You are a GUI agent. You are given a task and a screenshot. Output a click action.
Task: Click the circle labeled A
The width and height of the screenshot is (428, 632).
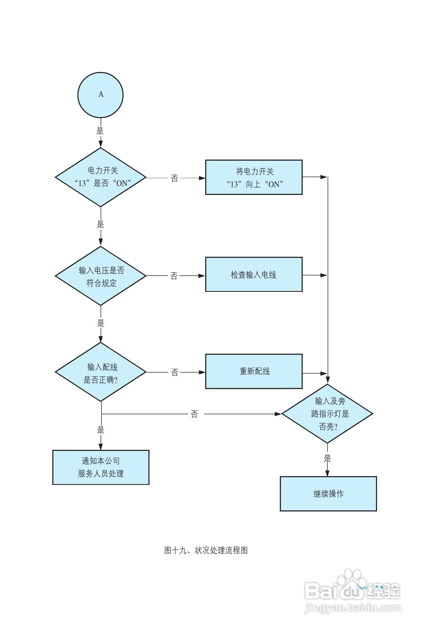coord(100,95)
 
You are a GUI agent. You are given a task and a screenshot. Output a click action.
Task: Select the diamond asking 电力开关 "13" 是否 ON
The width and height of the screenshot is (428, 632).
coord(101,177)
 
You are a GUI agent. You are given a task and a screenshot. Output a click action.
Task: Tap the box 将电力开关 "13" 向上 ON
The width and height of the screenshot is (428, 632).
coord(254,177)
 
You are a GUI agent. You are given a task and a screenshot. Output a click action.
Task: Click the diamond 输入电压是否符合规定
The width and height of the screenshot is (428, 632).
coord(101,276)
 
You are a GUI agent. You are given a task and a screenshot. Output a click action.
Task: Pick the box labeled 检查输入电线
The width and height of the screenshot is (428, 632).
coord(254,274)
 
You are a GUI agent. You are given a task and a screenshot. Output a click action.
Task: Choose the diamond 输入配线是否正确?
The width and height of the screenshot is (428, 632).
coord(101,372)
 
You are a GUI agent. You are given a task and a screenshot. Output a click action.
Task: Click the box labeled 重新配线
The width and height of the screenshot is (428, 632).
coord(254,371)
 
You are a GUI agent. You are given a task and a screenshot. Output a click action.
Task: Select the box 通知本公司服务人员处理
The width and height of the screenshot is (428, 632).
coord(101,467)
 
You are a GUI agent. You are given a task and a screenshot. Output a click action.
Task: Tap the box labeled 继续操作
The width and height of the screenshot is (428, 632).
coord(328,494)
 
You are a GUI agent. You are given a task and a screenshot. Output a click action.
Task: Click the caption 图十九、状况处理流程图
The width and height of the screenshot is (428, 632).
coord(206,550)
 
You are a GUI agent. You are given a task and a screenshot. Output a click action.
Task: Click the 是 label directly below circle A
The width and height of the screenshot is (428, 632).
coord(100,131)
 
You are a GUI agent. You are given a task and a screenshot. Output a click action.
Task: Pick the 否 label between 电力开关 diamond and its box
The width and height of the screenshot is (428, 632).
coord(174,178)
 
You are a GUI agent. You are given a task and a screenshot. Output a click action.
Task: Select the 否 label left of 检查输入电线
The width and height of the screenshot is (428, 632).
coord(174,276)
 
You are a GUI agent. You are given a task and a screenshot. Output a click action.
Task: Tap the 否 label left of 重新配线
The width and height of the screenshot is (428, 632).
coord(174,372)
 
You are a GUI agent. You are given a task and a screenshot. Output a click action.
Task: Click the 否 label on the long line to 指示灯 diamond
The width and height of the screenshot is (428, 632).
coord(194,414)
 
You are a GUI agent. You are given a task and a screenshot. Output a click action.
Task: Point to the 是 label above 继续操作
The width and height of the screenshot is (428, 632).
coord(327,459)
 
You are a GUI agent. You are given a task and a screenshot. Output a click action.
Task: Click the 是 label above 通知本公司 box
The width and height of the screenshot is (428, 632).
coord(101,430)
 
